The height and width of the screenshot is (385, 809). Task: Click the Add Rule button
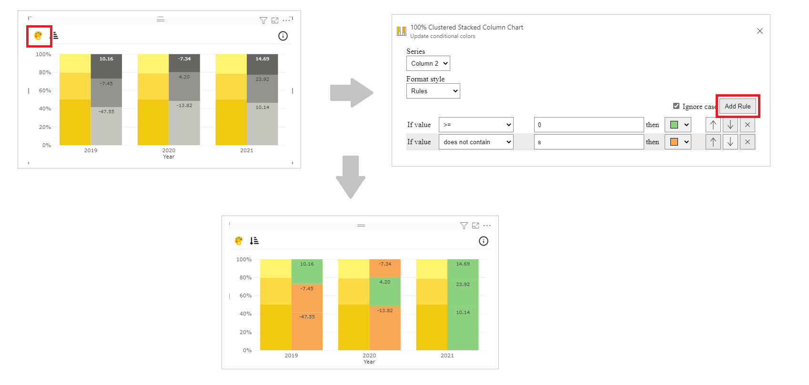737,106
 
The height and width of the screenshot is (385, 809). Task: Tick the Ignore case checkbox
676,106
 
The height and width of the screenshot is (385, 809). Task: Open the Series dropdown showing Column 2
428,63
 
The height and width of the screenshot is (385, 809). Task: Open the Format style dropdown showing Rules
433,91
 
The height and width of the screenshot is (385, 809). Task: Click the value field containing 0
588,125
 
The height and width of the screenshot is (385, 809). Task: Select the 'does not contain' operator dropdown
475,142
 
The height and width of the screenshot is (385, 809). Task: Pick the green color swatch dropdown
678,125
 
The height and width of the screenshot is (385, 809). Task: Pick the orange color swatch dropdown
678,142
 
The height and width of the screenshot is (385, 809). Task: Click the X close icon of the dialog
759,31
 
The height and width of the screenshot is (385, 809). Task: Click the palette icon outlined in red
38,36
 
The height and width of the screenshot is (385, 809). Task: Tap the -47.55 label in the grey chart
106,112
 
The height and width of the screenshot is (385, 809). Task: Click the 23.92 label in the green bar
463,285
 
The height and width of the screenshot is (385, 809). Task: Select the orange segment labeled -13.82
384,311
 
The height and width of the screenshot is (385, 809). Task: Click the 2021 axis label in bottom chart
447,355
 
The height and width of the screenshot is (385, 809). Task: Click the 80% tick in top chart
45,72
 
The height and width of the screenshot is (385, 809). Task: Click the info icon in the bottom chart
483,241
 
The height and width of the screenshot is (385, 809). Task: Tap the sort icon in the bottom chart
254,241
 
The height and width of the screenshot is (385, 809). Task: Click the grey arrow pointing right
351,93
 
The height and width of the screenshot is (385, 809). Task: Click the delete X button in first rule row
747,125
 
